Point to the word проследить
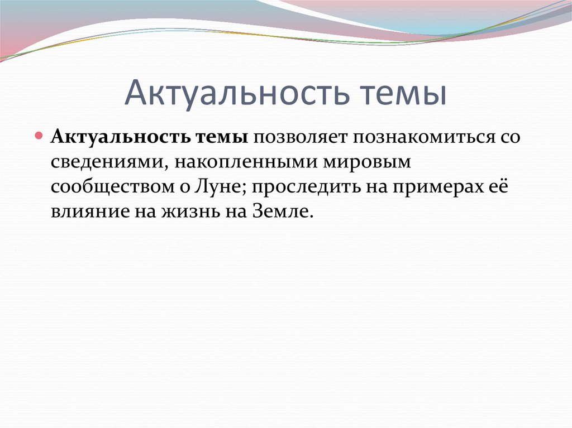[x=305, y=187]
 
